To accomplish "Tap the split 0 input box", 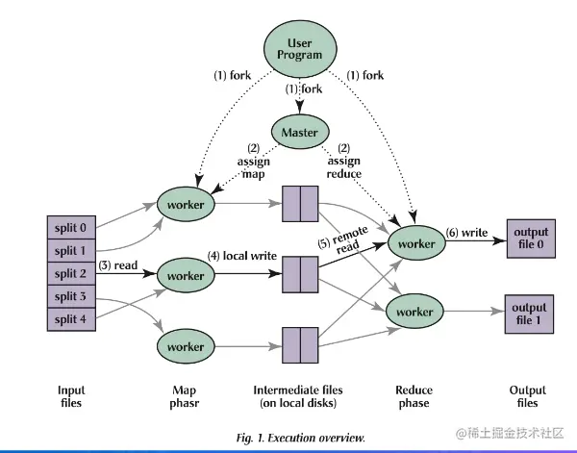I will click(71, 227).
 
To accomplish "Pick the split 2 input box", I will click(71, 273).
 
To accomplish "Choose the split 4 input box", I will click(71, 318).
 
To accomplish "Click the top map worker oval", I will click(187, 205).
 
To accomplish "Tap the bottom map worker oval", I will click(187, 345).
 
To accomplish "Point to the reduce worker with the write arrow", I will click(416, 244).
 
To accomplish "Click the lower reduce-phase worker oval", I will click(416, 313).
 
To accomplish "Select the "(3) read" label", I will click(118, 264).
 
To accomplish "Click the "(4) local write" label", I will click(244, 258).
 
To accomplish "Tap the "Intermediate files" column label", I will click(299, 390).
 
